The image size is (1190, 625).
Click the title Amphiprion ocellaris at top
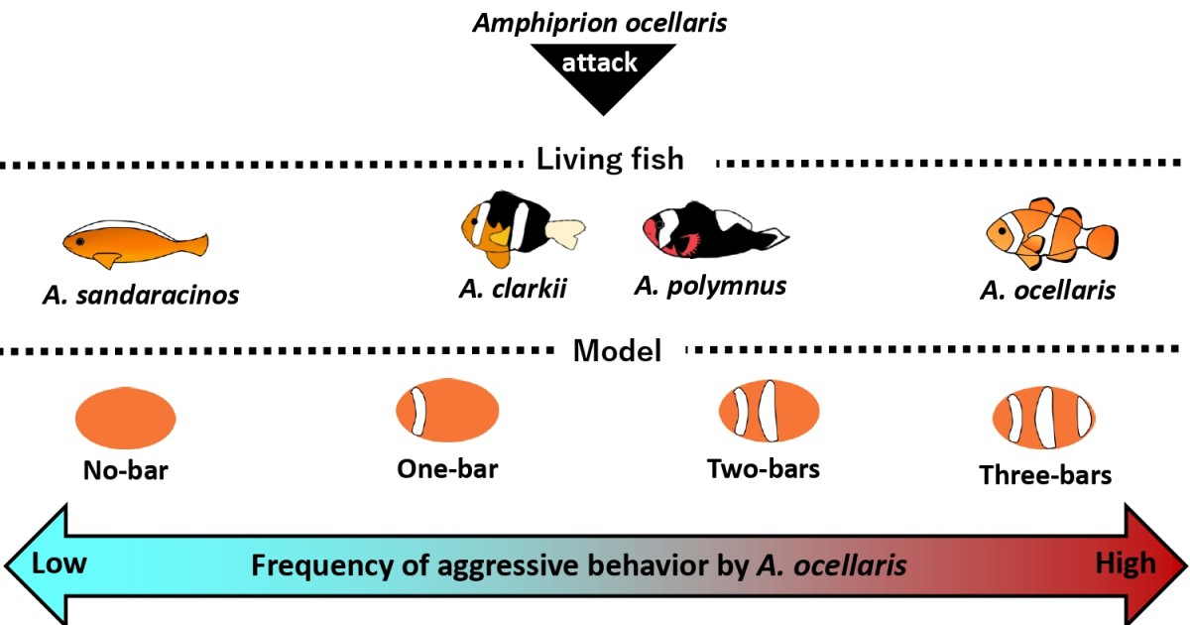tap(599, 22)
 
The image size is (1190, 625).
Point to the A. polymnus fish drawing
tap(712, 230)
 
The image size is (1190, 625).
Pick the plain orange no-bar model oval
tap(126, 418)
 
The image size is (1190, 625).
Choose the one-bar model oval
tap(447, 411)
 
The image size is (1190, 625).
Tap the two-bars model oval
tap(770, 411)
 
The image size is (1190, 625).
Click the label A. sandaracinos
tap(141, 295)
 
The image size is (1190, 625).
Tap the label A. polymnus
tap(710, 287)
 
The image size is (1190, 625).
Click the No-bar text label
tap(125, 470)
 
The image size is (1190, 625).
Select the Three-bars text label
tap(1045, 475)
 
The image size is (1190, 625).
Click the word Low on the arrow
tap(59, 564)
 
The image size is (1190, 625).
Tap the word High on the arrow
tap(1125, 564)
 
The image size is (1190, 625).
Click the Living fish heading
tap(610, 159)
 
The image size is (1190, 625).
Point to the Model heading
tap(617, 350)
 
